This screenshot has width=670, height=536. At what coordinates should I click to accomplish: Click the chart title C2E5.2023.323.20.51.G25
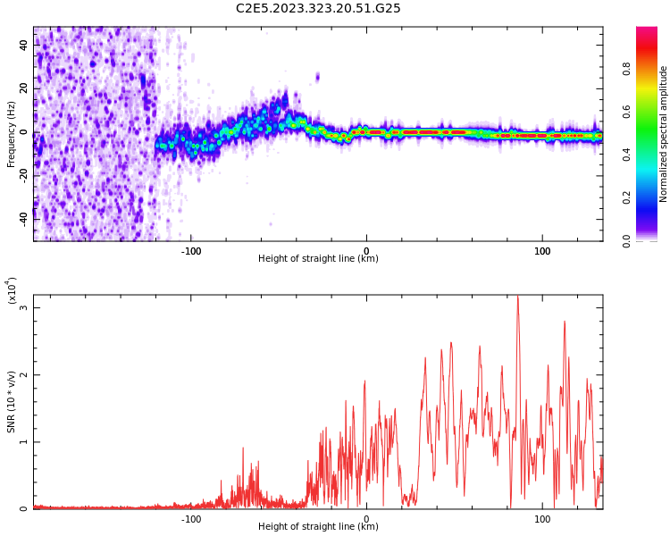click(x=318, y=8)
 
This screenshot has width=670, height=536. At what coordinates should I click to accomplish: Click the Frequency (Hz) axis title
click(x=12, y=134)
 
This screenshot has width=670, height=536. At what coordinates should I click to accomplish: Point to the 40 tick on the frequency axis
click(x=23, y=45)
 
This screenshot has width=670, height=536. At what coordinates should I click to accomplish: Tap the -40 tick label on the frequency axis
click(x=23, y=216)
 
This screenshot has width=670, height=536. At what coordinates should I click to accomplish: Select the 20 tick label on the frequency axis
click(x=23, y=88)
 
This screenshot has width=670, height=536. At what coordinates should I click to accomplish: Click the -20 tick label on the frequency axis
click(x=23, y=174)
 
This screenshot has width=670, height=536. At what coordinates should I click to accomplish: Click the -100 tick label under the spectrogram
click(x=191, y=251)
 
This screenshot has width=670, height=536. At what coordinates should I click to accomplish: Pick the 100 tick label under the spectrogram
click(x=542, y=251)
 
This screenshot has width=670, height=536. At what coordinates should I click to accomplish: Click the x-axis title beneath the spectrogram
click(x=318, y=259)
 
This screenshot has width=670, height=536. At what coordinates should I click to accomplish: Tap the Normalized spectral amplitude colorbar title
click(x=664, y=134)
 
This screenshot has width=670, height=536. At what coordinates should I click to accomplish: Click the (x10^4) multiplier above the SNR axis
click(x=12, y=290)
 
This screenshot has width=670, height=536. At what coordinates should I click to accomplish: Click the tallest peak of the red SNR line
click(x=517, y=297)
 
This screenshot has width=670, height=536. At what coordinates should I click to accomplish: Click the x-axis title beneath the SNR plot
click(x=318, y=527)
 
